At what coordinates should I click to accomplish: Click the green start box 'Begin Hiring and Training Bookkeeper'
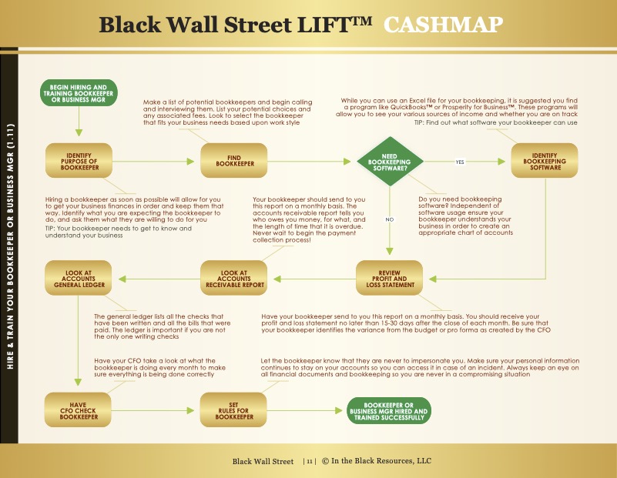pyautogui.click(x=79, y=93)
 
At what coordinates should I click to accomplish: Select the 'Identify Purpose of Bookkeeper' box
pyautogui.click(x=79, y=161)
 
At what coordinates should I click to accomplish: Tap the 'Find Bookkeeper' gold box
pyautogui.click(x=234, y=161)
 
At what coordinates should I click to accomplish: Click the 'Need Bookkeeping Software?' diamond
pyautogui.click(x=390, y=162)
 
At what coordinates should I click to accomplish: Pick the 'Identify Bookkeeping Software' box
pyautogui.click(x=545, y=161)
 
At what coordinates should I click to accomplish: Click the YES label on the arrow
pyautogui.click(x=460, y=162)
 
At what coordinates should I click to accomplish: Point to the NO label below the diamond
pyautogui.click(x=390, y=219)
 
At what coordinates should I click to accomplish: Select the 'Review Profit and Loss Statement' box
pyautogui.click(x=390, y=279)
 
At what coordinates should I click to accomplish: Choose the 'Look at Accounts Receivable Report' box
pyautogui.click(x=234, y=279)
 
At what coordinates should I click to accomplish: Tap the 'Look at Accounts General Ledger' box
pyautogui.click(x=79, y=279)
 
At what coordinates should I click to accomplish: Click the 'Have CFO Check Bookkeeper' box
pyautogui.click(x=78, y=410)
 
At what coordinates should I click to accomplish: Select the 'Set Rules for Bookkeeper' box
pyautogui.click(x=233, y=410)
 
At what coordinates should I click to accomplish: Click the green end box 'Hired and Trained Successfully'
pyautogui.click(x=389, y=411)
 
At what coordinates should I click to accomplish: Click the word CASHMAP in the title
pyautogui.click(x=443, y=25)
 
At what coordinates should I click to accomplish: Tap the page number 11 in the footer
pyautogui.click(x=310, y=462)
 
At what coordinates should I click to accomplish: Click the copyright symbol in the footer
pyautogui.click(x=325, y=461)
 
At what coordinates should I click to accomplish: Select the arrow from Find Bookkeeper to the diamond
pyautogui.click(x=309, y=162)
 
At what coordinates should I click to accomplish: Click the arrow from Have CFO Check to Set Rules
pyautogui.click(x=153, y=411)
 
